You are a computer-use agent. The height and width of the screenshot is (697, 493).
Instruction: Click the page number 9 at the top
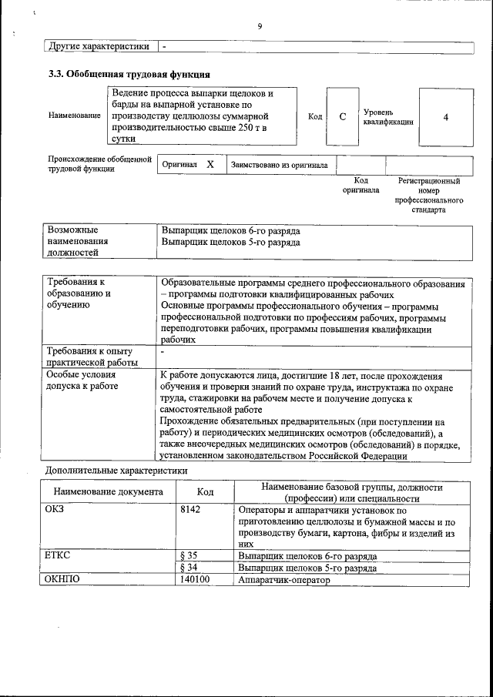(x=260, y=26)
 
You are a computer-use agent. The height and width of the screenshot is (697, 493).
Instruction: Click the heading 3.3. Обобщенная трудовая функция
(x=128, y=75)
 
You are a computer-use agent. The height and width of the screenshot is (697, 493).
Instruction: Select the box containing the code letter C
(x=343, y=116)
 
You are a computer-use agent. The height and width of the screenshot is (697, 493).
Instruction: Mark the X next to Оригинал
(x=210, y=164)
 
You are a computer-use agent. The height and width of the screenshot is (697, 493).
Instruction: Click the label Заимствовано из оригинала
(x=279, y=165)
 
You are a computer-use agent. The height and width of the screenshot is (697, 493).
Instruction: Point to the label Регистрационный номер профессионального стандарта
(x=428, y=195)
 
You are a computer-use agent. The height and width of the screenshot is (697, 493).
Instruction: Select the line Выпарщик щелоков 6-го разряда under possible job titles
(x=231, y=230)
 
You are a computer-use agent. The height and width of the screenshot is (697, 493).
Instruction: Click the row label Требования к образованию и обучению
(x=79, y=293)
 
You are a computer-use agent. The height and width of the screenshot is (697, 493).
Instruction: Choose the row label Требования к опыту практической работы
(x=91, y=357)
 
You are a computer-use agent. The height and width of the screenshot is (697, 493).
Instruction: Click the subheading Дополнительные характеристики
(x=116, y=470)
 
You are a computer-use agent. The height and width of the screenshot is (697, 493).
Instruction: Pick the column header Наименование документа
(x=108, y=491)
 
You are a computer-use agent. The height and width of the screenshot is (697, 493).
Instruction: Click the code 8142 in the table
(x=190, y=510)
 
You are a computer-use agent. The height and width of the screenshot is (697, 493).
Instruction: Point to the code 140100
(x=194, y=580)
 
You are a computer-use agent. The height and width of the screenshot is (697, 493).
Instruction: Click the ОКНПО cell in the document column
(x=63, y=580)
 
